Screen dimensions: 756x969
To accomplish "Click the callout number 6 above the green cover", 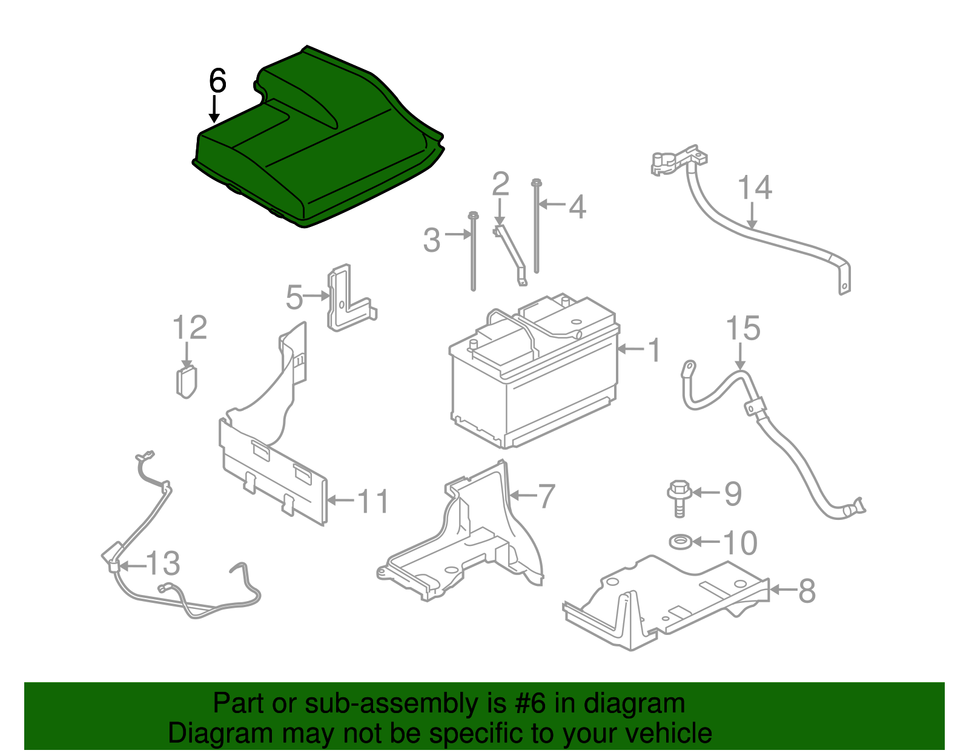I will click(x=217, y=81).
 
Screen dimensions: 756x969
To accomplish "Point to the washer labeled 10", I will click(x=681, y=542).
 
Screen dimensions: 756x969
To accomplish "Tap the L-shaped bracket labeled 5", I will click(x=348, y=300).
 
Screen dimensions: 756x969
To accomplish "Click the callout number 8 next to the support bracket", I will click(x=807, y=590).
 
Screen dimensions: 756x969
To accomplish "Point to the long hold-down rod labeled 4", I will click(x=537, y=227).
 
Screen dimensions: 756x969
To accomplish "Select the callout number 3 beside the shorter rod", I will click(x=432, y=240).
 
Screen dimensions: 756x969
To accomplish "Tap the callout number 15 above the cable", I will click(x=743, y=329).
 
